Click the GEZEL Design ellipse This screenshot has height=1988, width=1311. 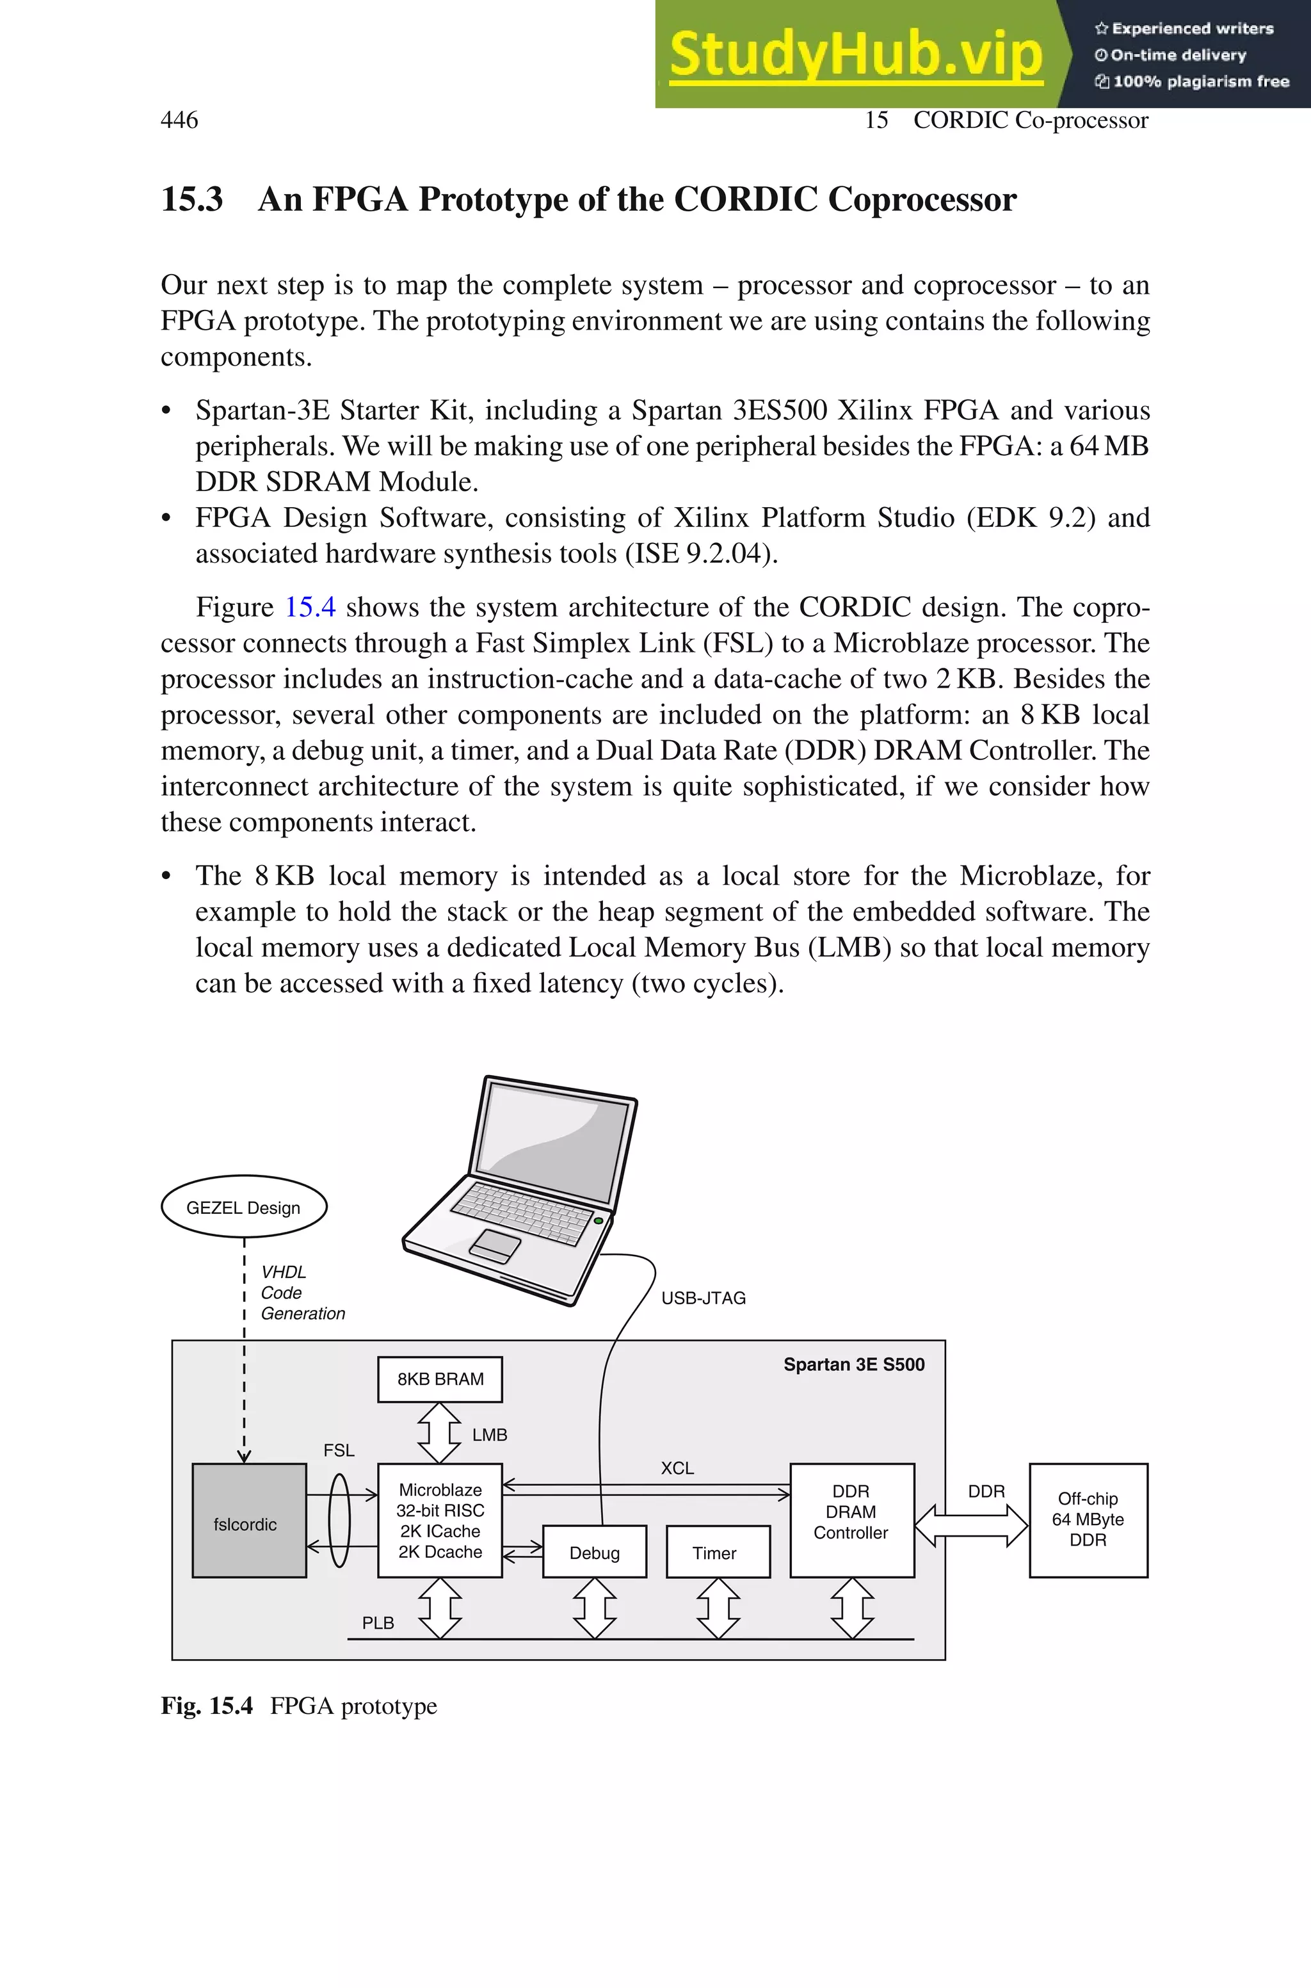[x=243, y=1207]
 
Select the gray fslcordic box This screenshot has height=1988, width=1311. [x=249, y=1521]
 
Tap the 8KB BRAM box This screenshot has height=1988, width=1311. [x=440, y=1378]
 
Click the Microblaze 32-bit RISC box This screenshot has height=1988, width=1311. [x=440, y=1521]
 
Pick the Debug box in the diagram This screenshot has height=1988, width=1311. [x=595, y=1553]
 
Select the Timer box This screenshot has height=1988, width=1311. [x=718, y=1553]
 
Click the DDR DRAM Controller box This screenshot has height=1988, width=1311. [x=852, y=1521]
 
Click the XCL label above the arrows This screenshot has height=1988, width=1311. [x=677, y=1468]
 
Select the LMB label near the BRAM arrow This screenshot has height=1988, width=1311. [x=489, y=1435]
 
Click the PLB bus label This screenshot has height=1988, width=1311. [x=378, y=1622]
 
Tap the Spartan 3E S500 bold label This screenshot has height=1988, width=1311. [x=854, y=1364]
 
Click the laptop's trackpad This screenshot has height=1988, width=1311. [x=495, y=1247]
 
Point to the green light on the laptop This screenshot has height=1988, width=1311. [x=599, y=1222]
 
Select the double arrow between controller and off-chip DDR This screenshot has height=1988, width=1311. [x=972, y=1526]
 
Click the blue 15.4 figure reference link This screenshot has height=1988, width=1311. [x=310, y=607]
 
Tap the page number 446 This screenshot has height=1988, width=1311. [x=179, y=120]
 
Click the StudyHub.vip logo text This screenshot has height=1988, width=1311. [x=855, y=54]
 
